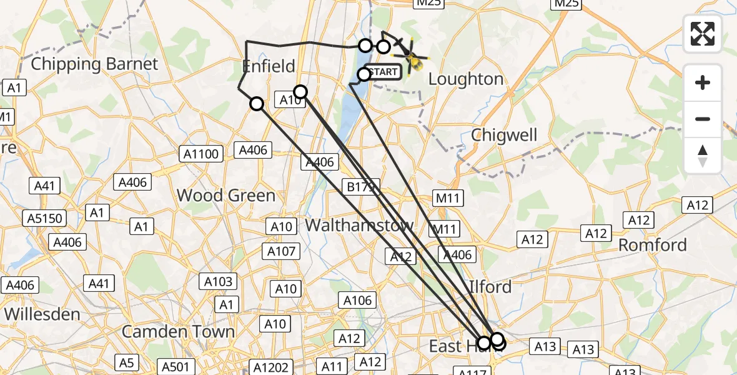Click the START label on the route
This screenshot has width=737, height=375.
(x=383, y=72)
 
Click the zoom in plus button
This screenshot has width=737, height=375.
(x=703, y=82)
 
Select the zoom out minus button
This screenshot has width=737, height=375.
(x=703, y=119)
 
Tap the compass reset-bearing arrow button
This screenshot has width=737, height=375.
(x=703, y=155)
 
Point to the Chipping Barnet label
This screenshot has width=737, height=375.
(x=94, y=64)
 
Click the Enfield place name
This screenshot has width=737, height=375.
(x=269, y=66)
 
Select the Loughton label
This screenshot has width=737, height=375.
(x=466, y=79)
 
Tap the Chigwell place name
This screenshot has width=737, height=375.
(x=504, y=135)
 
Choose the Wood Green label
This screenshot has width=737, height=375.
(x=226, y=196)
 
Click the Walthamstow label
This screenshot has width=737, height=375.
(x=359, y=225)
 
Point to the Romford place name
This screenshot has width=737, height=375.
(x=653, y=245)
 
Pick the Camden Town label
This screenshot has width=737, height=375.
(x=178, y=331)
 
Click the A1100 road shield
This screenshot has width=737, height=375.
(x=199, y=153)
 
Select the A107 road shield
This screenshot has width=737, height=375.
(x=282, y=251)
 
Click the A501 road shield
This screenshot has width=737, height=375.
(x=175, y=367)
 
